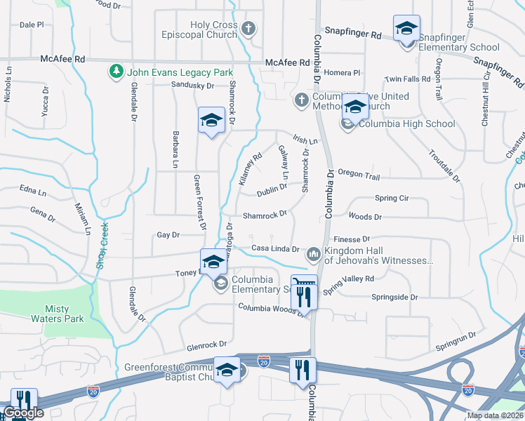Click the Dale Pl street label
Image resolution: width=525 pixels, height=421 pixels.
click(x=32, y=25)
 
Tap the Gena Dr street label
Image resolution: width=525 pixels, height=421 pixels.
click(x=42, y=210)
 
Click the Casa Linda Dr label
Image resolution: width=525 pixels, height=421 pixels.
click(x=275, y=249)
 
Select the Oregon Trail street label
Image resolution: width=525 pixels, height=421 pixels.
click(x=359, y=173)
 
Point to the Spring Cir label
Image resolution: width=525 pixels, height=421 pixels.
click(x=392, y=199)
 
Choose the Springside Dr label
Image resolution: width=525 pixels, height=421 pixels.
click(x=394, y=298)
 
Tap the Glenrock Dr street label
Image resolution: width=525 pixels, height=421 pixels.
click(x=206, y=345)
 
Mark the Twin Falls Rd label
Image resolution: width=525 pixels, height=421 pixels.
click(x=408, y=79)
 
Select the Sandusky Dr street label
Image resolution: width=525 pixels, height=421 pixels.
click(x=192, y=86)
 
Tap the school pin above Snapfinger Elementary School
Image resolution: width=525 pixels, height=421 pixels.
click(x=406, y=29)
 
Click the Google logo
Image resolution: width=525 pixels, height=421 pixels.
click(x=24, y=413)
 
